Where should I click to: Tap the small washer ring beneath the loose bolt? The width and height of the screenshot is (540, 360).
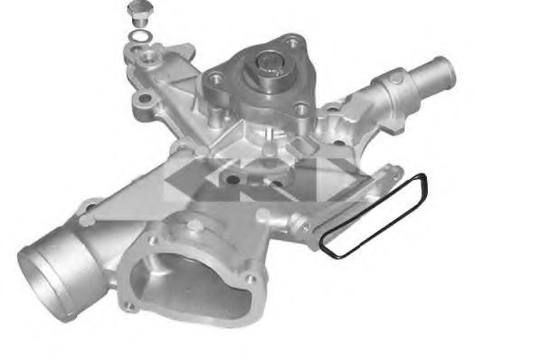pos(140,36)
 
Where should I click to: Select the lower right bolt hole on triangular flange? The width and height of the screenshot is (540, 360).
pos(301,110)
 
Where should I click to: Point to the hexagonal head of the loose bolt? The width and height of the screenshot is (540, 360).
pos(138,11)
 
